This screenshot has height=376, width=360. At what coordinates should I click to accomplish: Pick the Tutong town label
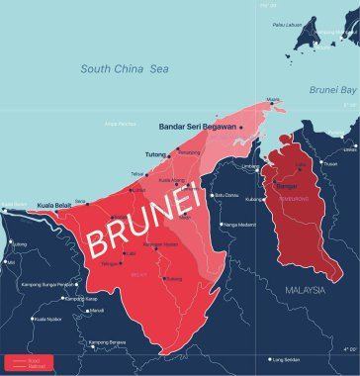tap(155, 154)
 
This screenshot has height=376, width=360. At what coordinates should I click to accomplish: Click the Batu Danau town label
tap(229, 195)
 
